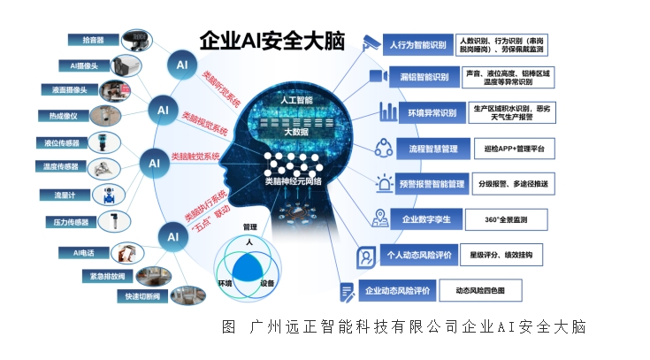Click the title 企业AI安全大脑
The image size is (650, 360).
272,41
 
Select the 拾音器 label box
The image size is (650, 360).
93,40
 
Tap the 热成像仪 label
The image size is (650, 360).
64,116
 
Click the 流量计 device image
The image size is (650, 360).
109,195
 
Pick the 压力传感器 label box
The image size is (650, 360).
71,222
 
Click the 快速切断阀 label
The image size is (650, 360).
142,296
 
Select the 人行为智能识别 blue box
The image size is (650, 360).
417,45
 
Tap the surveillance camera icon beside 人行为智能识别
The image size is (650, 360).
370,42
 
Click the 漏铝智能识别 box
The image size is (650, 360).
424,77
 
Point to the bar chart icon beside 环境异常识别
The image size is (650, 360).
388,111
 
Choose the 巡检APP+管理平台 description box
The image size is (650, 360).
514,149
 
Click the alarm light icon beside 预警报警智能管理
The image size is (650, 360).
384,183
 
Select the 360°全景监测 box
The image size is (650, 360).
506,219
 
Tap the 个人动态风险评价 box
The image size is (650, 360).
418,255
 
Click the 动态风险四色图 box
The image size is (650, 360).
480,290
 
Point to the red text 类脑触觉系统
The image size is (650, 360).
195,157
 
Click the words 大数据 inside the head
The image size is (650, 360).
296,132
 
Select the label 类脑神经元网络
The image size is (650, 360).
294,181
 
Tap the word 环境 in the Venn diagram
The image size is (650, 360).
226,283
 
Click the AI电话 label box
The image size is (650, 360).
84,253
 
